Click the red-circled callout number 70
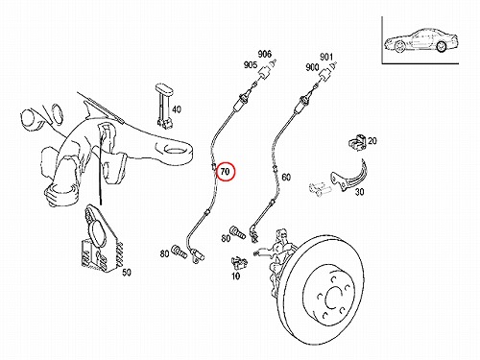click(x=226, y=172)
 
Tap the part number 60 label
click(x=286, y=177)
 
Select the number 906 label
click(x=265, y=54)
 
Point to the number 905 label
click(x=251, y=65)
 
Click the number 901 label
click(x=326, y=57)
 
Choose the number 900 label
click(x=312, y=67)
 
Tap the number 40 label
click(x=177, y=109)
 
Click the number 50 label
click(x=127, y=273)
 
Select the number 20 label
click(x=372, y=140)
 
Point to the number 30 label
click(x=359, y=192)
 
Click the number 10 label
click(x=235, y=276)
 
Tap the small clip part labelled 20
click(x=357, y=142)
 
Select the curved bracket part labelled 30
click(x=348, y=180)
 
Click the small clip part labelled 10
click(x=238, y=262)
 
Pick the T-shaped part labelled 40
click(x=164, y=107)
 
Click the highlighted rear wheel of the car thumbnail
click(x=442, y=47)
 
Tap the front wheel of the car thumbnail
click(x=399, y=47)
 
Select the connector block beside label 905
click(x=265, y=73)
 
